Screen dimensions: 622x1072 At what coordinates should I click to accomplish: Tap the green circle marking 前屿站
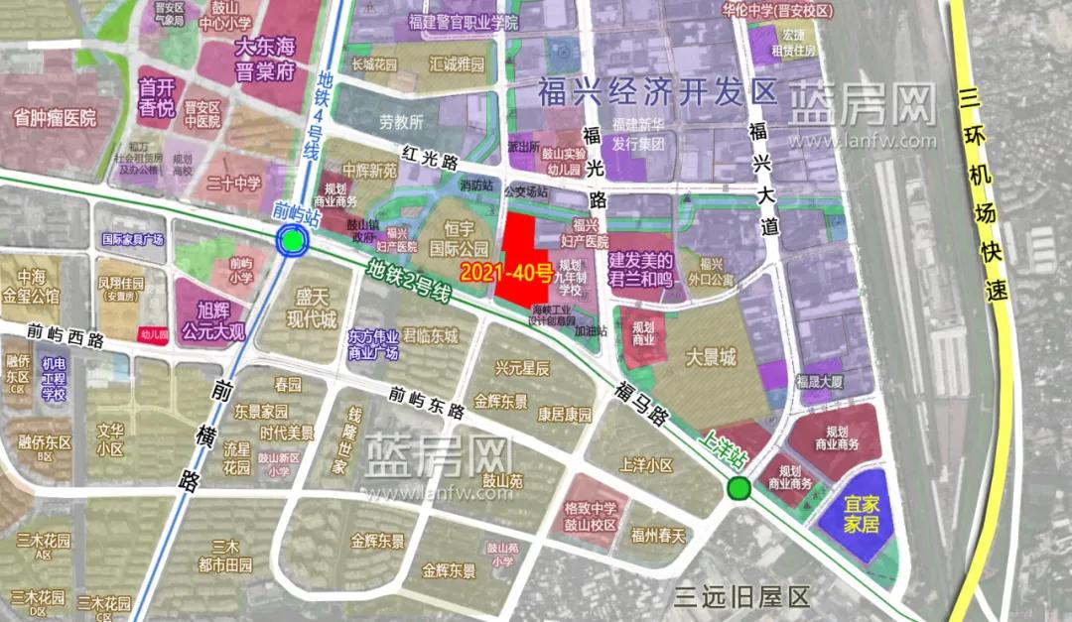click(x=291, y=241)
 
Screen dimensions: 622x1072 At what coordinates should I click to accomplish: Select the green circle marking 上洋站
click(x=737, y=488)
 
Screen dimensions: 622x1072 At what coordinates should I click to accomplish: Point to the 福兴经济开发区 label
click(x=657, y=92)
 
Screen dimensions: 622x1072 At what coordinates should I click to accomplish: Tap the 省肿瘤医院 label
click(x=56, y=118)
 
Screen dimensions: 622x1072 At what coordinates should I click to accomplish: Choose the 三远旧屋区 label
click(x=741, y=596)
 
